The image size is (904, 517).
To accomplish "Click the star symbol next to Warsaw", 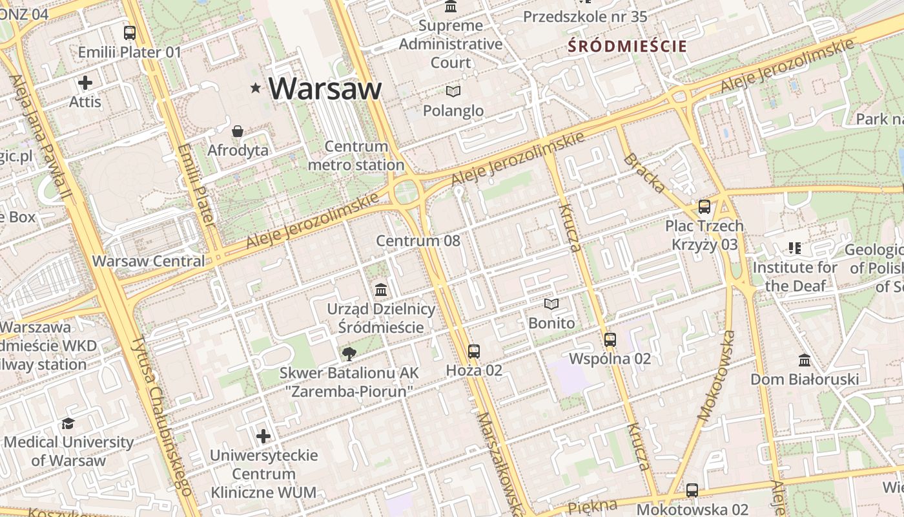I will (256, 88).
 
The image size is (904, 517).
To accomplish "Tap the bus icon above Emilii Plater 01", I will (130, 33).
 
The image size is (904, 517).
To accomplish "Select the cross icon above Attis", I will (85, 83).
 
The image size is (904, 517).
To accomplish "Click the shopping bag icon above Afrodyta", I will (238, 132).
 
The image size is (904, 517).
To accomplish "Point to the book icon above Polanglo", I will (453, 92).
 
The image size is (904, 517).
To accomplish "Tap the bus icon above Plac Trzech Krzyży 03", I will (704, 207).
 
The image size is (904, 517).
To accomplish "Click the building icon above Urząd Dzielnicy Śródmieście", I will (381, 290).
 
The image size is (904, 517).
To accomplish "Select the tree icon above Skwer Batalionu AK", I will (349, 353).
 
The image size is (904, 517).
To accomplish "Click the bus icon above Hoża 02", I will (474, 352).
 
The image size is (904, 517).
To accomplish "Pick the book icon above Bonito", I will (551, 304).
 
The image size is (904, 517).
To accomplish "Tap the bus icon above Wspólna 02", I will (610, 339).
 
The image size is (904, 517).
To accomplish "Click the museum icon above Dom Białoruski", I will (805, 360).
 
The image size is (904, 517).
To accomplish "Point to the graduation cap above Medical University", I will (68, 423).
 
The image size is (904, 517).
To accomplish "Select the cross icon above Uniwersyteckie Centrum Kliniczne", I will (263, 436).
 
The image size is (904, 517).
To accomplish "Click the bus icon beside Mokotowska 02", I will (692, 491).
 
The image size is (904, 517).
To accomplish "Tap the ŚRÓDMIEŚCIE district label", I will (627, 47).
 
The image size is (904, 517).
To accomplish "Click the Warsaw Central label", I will (149, 262).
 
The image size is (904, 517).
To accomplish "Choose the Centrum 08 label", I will (418, 241).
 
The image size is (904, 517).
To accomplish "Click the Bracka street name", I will (644, 173).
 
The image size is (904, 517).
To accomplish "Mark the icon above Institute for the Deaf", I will (794, 248).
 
